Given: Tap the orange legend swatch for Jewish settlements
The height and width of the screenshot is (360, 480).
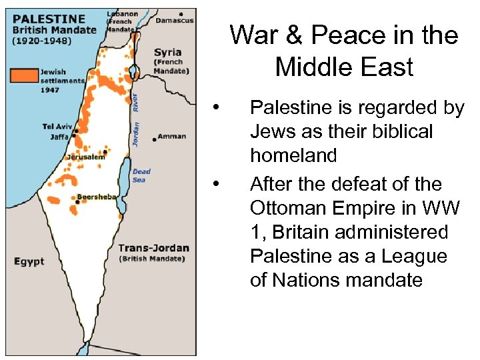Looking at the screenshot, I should [24, 75].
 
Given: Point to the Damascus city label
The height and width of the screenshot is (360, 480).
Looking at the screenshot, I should [174, 21].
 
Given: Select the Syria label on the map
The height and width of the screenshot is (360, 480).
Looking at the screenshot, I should [167, 52].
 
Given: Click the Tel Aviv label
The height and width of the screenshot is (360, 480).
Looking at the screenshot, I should [57, 127].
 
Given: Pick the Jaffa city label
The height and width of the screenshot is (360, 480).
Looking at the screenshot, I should [59, 137].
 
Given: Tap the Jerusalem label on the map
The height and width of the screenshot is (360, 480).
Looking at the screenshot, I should [85, 157].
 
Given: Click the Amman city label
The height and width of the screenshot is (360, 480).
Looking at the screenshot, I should [173, 137].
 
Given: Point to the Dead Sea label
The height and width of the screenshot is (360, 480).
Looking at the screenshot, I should [141, 175].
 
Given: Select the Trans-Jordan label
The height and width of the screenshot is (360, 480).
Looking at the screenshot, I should [153, 248].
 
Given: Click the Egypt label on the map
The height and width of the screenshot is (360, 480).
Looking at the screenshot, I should [29, 261].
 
